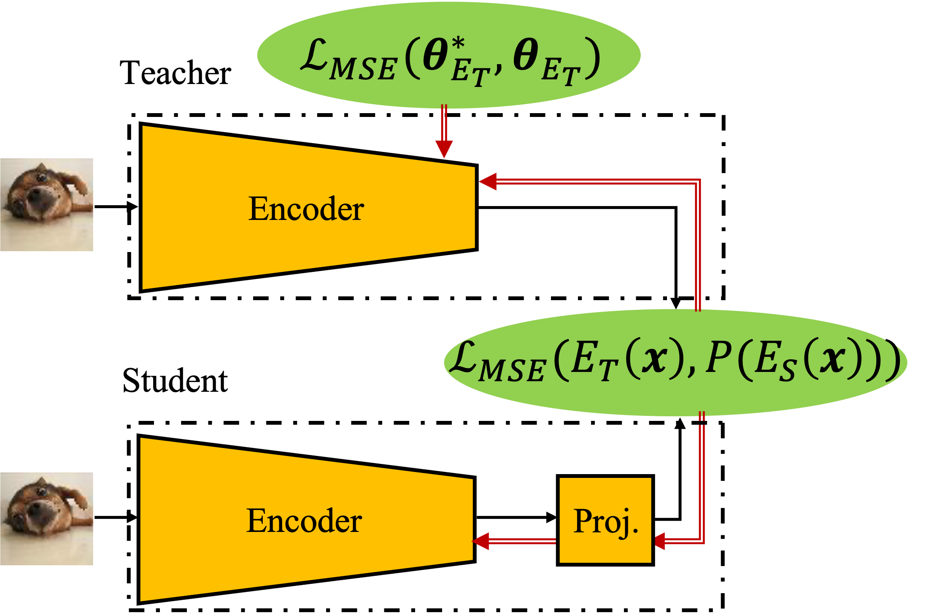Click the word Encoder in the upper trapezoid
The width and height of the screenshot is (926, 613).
(x=306, y=209)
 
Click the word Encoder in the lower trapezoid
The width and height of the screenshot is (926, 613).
(x=304, y=521)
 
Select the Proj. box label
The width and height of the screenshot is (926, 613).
(x=605, y=522)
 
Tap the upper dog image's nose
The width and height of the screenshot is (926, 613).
(x=35, y=195)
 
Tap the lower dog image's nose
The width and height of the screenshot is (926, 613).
(x=35, y=509)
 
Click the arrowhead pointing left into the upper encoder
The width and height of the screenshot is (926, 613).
(x=488, y=182)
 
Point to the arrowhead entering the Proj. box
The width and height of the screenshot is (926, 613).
(x=660, y=541)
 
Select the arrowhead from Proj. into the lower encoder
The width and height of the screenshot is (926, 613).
(x=481, y=541)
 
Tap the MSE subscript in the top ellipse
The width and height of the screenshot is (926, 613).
(x=363, y=70)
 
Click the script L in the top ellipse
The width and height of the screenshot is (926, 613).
(x=314, y=55)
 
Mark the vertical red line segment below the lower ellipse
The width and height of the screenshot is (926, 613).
(x=702, y=477)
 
